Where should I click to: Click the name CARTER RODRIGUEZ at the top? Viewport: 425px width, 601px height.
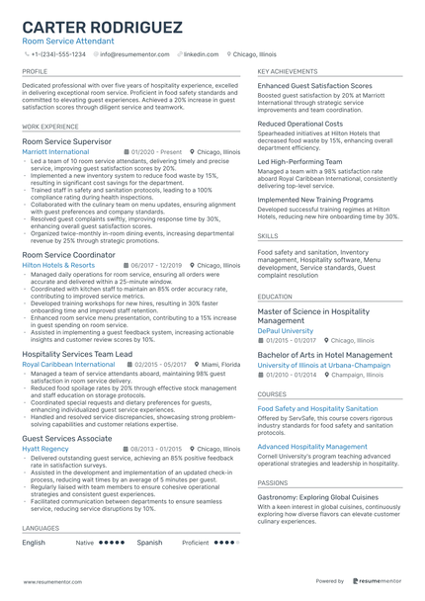[x=110, y=26]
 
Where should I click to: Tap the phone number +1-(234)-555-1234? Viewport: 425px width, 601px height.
[x=58, y=54]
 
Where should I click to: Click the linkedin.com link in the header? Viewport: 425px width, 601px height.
[x=201, y=54]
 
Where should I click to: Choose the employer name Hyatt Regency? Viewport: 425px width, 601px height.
[x=44, y=448]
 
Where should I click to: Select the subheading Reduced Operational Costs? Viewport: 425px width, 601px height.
[x=300, y=124]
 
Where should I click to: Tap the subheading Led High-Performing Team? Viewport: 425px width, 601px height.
[x=297, y=161]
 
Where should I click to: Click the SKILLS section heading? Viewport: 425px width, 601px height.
[x=267, y=236]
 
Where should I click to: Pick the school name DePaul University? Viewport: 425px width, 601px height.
[x=286, y=330]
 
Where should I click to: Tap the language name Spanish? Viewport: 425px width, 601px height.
[x=149, y=543]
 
